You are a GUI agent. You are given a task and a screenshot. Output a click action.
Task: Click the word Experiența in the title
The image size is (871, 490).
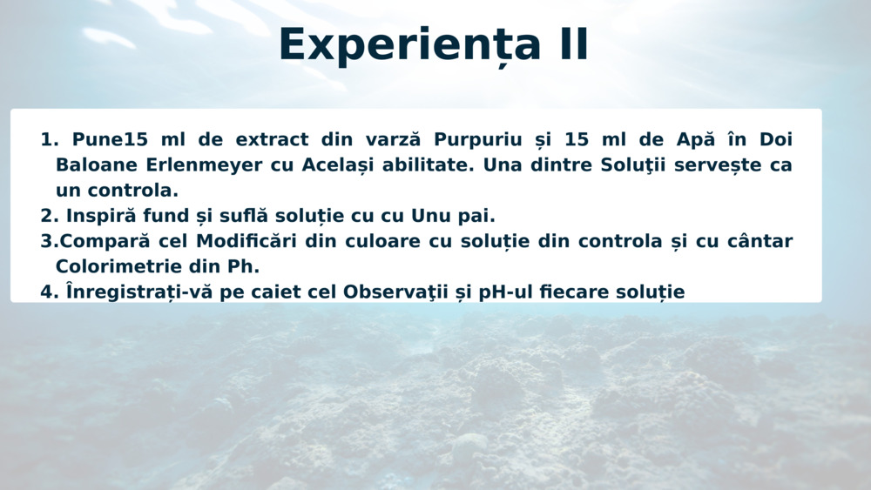point(409,45)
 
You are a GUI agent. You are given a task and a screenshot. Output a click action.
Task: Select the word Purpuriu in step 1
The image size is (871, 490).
point(477,140)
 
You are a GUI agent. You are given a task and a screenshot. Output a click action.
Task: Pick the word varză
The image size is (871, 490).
point(393,138)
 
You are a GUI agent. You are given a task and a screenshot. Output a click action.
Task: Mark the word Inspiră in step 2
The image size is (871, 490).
point(100,216)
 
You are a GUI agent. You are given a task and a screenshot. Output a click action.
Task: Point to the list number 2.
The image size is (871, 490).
point(49,216)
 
